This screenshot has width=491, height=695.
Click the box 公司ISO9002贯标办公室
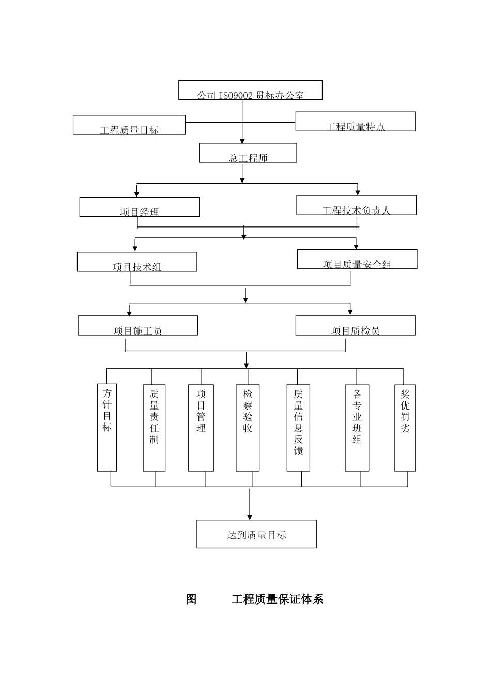[x=250, y=90]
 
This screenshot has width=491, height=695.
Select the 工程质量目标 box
[x=129, y=125]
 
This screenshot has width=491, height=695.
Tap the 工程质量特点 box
[x=355, y=122]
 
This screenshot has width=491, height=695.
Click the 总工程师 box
[x=248, y=153]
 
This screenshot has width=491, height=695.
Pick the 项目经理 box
[x=140, y=207]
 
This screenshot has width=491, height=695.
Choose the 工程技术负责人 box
[x=356, y=205]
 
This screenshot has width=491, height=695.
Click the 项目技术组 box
[x=137, y=262]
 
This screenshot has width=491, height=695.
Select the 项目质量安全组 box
[x=357, y=260]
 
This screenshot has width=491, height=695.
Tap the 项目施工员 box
[x=138, y=326]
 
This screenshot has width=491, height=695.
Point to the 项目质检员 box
[x=355, y=326]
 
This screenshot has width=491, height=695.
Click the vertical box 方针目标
[x=107, y=427]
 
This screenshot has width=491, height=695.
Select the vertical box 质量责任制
[x=154, y=428]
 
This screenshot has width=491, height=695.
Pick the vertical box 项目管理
[x=201, y=428]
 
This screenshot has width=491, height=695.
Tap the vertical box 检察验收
[x=248, y=428]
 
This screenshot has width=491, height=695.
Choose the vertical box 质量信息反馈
[x=298, y=428]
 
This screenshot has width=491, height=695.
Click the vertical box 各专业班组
[x=357, y=428]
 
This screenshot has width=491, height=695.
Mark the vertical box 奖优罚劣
[x=405, y=428]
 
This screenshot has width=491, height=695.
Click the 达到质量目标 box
[x=256, y=534]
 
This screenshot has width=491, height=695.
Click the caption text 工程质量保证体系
[x=277, y=599]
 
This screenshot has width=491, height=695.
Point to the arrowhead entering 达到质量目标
[x=250, y=517]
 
